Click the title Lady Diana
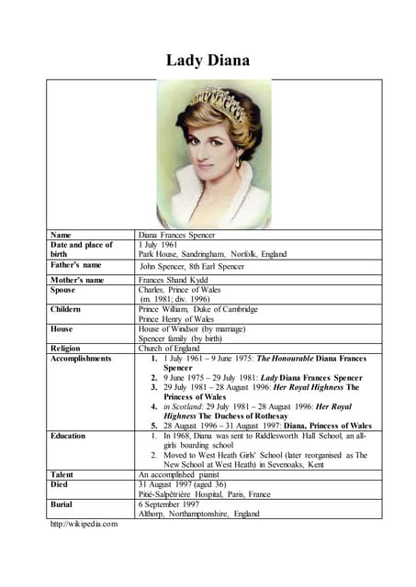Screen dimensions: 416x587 207,61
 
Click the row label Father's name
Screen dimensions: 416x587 76,265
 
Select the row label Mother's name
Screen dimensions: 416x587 77,279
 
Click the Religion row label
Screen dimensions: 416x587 66,349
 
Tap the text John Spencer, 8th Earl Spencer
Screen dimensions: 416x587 192,266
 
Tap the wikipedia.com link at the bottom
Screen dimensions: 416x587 84,524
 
